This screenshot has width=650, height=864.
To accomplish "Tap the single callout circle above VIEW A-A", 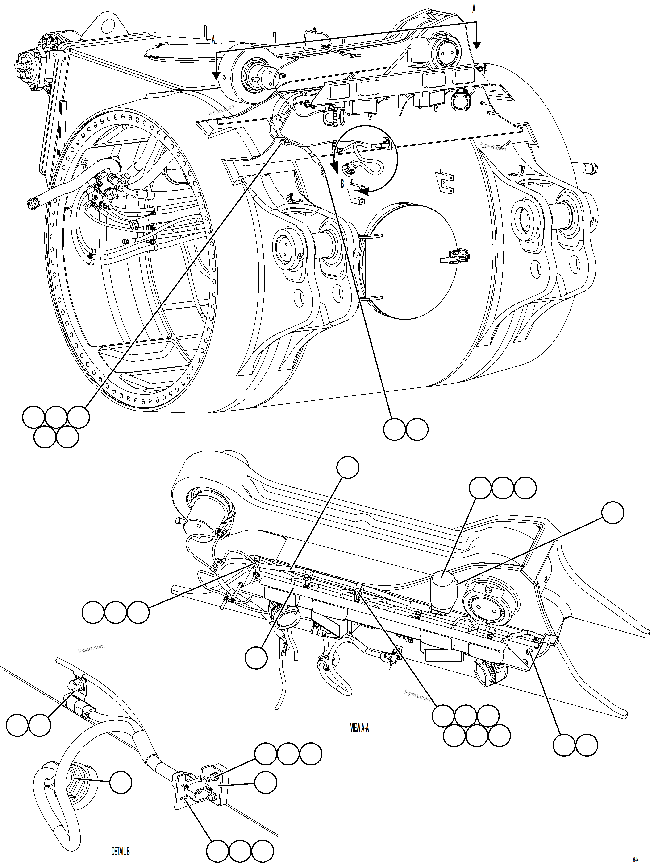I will (347, 467).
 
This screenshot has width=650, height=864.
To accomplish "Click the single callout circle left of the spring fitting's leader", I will (120, 782).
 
